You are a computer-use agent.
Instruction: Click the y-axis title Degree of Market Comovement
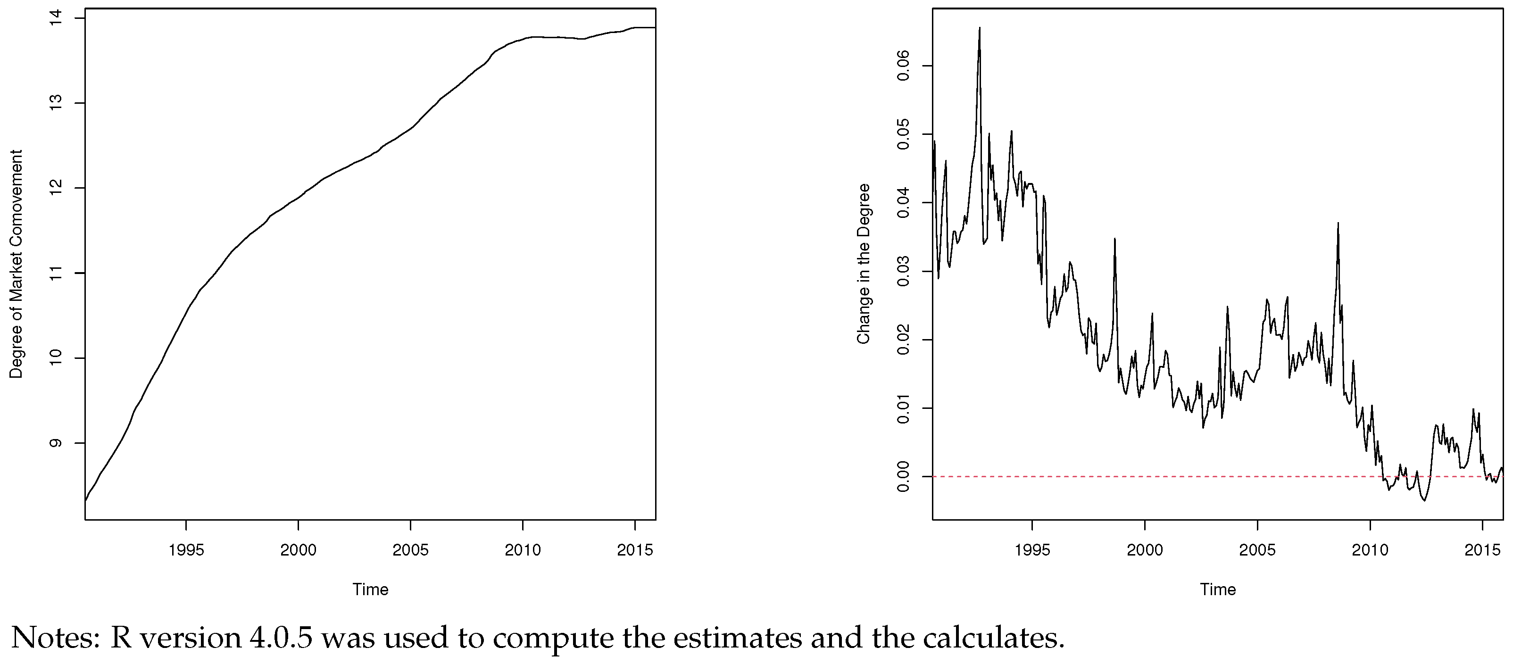coord(16,264)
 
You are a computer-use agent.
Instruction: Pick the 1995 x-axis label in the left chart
coord(186,550)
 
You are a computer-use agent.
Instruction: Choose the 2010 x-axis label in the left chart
coord(523,550)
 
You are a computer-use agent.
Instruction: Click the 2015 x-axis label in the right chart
coord(1482,550)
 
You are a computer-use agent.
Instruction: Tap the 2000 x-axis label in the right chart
coord(1145,550)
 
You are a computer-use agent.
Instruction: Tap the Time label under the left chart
coord(370,589)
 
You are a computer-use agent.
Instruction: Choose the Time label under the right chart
coord(1218,589)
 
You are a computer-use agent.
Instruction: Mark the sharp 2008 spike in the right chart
coord(1338,224)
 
